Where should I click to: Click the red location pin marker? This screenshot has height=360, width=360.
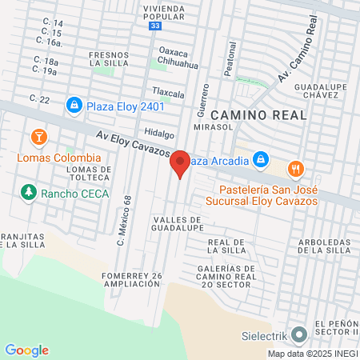point(181,162)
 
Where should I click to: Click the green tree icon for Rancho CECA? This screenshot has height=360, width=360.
point(29,192)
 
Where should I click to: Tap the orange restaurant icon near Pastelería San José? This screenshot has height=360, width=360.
point(297,169)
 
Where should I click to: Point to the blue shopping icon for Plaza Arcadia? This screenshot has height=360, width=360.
point(261,160)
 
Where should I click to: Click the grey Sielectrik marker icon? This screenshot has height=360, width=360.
point(299,334)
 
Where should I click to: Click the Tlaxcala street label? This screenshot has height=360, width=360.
point(168,94)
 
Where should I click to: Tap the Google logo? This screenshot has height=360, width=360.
point(26,350)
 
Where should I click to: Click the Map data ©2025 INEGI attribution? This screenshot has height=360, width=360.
point(312,354)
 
